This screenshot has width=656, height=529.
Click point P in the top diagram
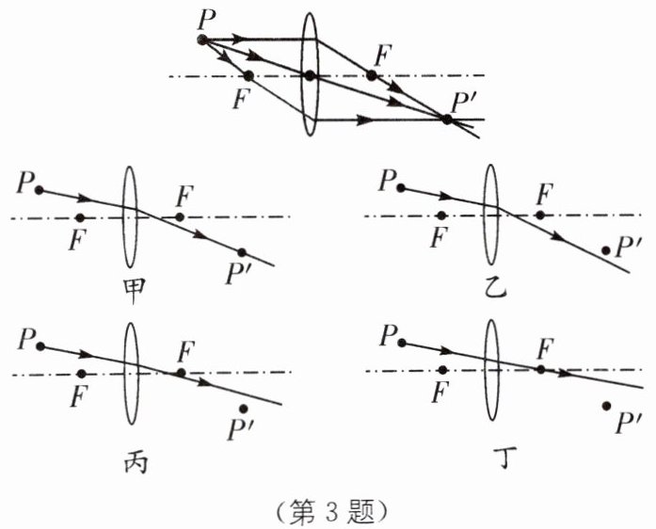(202, 40)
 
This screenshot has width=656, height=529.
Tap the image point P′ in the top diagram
(447, 119)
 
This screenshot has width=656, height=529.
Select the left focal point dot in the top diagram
(248, 75)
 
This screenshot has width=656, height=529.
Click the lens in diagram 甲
(130, 217)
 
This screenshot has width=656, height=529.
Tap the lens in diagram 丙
(131, 373)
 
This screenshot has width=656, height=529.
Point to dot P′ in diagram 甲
(242, 252)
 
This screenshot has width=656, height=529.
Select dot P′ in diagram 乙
(605, 250)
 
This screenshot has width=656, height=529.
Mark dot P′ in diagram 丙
(244, 409)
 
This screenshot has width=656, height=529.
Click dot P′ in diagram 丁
(607, 406)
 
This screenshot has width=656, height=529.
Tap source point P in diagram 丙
(40, 346)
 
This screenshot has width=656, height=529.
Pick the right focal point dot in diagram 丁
(540, 370)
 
